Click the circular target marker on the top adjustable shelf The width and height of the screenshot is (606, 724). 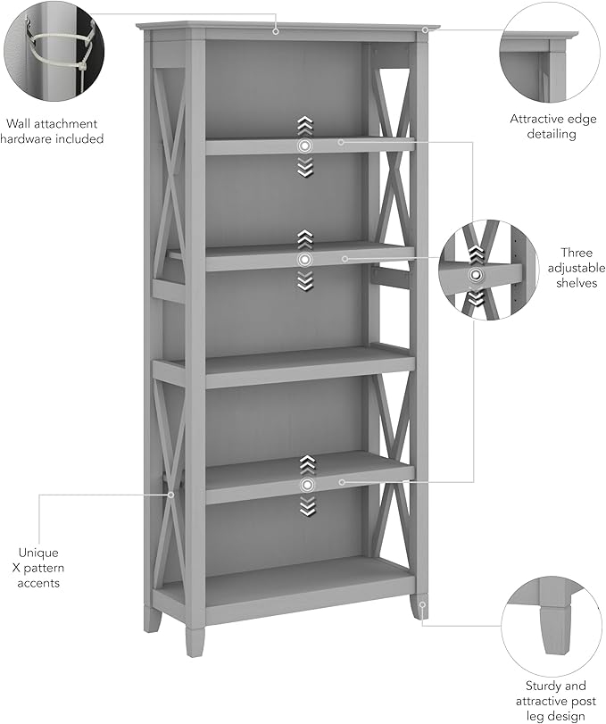pos(305,144)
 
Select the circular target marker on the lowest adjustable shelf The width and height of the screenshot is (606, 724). pos(307,484)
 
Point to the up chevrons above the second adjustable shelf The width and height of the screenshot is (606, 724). pos(305,238)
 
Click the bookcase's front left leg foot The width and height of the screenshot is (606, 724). pos(193,642)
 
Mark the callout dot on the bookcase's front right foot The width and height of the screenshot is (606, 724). pos(422,604)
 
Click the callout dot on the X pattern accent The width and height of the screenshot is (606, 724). pos(170,493)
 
